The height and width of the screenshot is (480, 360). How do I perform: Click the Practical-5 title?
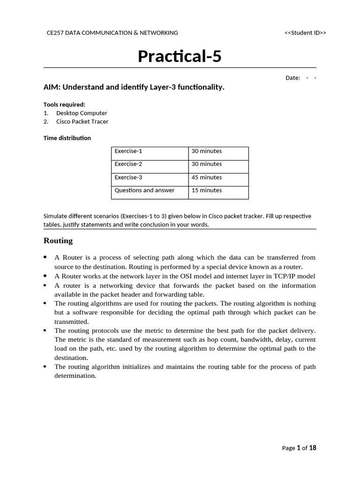pos(180,56)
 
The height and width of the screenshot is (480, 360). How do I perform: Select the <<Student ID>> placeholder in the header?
pos(305,33)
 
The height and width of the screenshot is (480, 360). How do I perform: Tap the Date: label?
pos(292,78)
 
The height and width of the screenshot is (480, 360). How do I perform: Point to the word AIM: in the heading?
pos(52,87)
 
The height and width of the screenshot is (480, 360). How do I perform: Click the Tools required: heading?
pos(64,105)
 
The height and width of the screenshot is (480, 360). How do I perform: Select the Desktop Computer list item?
pos(82,113)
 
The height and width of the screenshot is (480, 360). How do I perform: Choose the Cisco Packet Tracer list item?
pos(82,121)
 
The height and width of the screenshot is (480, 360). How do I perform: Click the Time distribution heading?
pos(67,138)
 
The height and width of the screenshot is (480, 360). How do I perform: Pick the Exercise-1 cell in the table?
pos(128,151)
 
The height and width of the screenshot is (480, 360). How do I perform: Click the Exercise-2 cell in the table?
pos(128,164)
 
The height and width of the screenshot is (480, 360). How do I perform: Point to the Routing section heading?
pos(58,241)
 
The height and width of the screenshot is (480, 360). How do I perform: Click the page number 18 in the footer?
pos(312,448)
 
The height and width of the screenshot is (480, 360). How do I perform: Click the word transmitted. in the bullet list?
pos(72,322)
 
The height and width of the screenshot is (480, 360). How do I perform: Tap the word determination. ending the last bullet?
pos(75,375)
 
